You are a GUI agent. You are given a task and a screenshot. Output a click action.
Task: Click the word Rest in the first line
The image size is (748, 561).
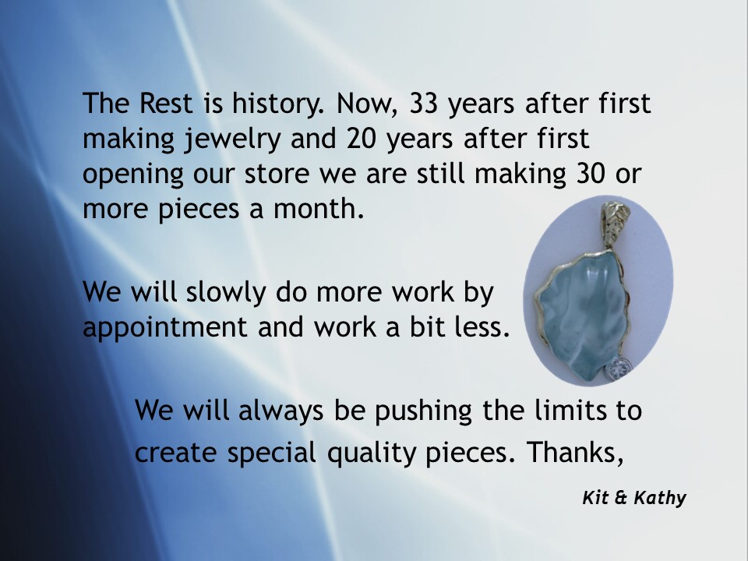coord(165,103)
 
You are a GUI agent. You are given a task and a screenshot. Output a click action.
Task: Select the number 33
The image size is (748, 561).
coord(424,103)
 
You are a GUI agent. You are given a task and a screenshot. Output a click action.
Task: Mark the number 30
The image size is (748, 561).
coord(591,174)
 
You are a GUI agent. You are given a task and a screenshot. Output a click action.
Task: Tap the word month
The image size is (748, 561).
coord(319,209)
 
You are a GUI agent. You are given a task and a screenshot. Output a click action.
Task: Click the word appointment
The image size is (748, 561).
coord(165,328)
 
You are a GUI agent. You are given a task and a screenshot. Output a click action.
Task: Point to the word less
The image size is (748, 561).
coord(482,326)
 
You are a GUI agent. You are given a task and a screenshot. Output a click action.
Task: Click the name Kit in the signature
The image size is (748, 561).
coord(596,498)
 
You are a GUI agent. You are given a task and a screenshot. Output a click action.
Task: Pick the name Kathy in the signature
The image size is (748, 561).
coord(660,499)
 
